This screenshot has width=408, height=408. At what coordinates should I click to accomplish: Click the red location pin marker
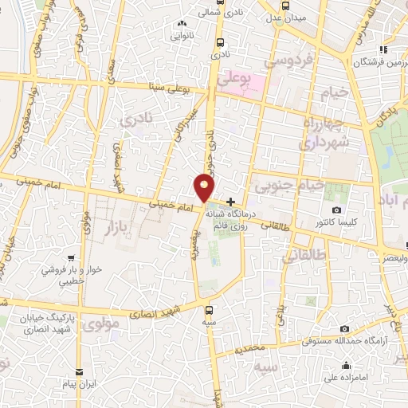point(205,187)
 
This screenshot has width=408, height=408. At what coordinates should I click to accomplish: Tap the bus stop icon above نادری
point(220,45)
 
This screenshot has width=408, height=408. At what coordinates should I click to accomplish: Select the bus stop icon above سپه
point(209,311)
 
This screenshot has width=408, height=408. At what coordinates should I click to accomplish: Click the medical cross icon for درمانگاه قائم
point(231,202)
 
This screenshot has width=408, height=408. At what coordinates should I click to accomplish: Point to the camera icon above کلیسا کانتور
point(337,210)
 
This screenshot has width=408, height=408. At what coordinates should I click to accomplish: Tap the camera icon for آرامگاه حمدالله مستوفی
point(345,329)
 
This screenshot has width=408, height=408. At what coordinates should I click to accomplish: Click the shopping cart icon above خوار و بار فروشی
point(72,258)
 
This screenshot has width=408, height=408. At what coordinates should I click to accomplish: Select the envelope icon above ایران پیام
point(80,372)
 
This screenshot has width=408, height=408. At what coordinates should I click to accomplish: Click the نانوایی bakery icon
point(182,25)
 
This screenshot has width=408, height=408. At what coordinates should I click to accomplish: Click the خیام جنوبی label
point(289,186)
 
